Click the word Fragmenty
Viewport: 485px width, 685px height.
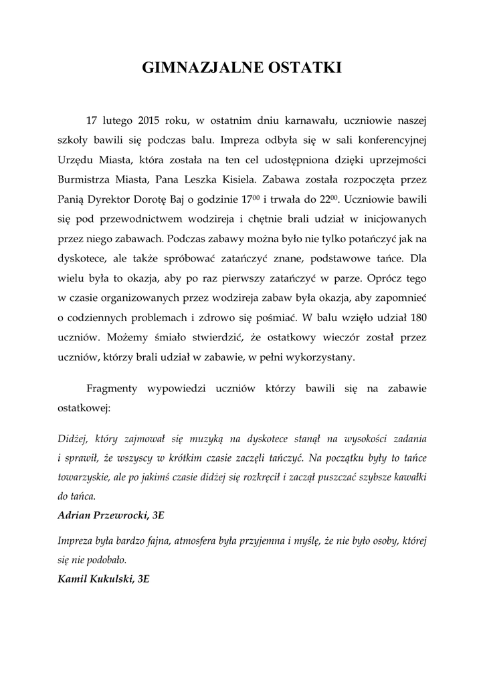(112, 388)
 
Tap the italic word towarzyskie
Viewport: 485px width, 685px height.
(84, 477)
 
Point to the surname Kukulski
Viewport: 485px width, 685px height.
(108, 579)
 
